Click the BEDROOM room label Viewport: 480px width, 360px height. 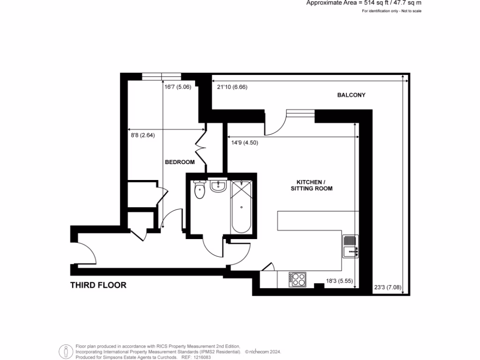(180, 162)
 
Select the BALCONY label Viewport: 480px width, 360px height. (351, 95)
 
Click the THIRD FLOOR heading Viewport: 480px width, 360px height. (98, 285)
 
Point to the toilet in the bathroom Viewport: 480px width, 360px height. (200, 190)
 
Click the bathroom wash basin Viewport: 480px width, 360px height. (218, 186)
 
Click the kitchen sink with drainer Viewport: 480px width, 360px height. (350, 246)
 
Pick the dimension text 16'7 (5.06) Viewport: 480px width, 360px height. (178, 86)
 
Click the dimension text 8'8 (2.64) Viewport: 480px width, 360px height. (142, 135)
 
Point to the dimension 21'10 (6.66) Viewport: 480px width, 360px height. (232, 87)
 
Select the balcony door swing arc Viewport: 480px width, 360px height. (276, 123)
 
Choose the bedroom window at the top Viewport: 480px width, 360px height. (161, 76)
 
